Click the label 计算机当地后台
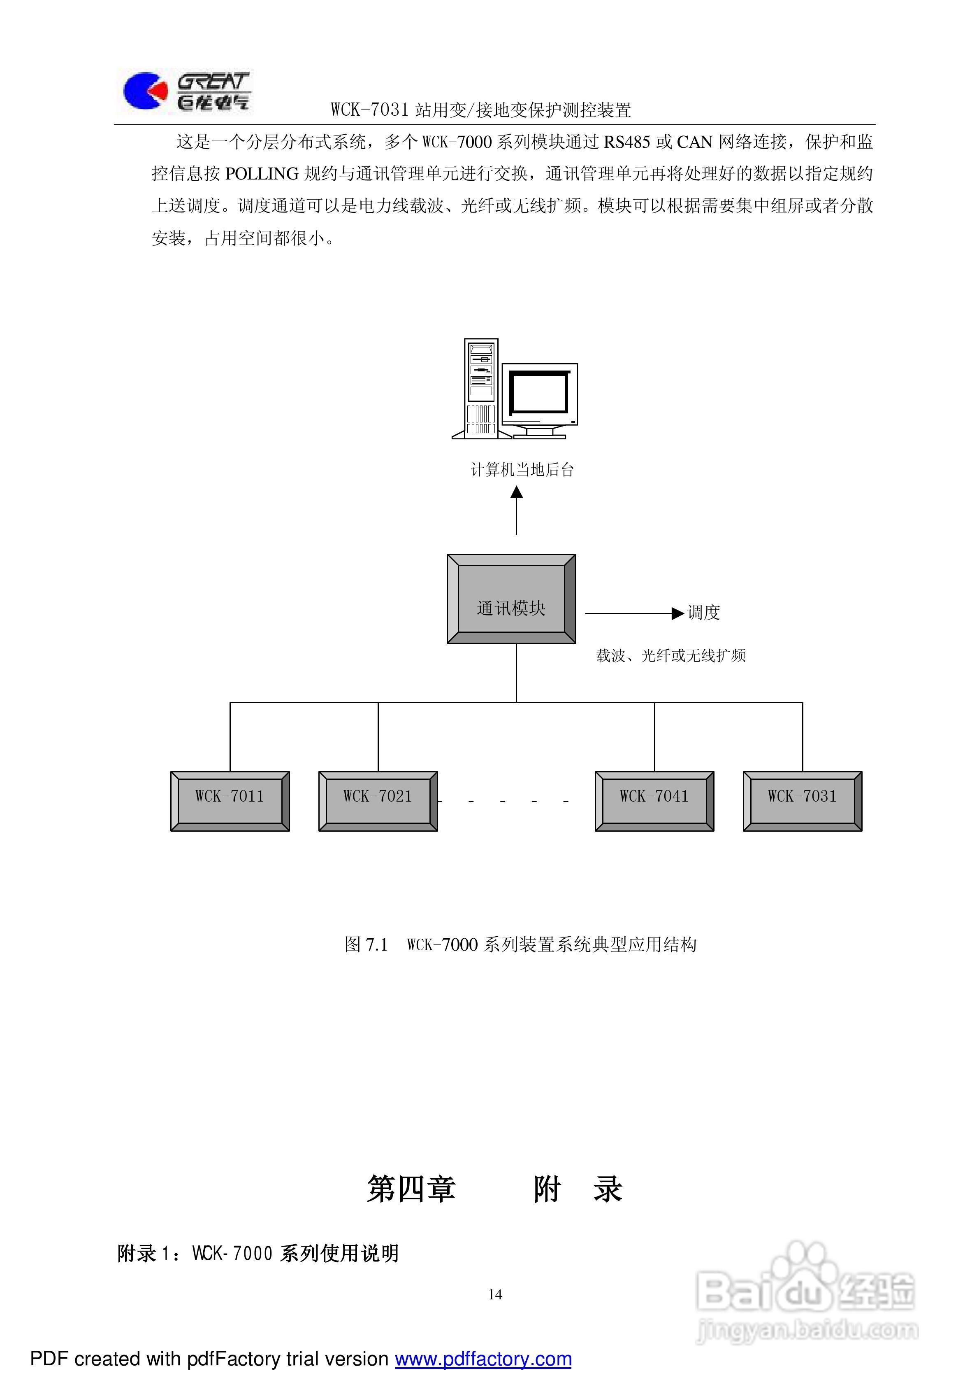pos(522,470)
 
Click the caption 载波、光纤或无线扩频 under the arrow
pos(671,656)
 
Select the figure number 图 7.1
pos(366,944)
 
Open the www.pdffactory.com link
pos(483,1359)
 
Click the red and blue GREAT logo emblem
pos(145,91)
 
